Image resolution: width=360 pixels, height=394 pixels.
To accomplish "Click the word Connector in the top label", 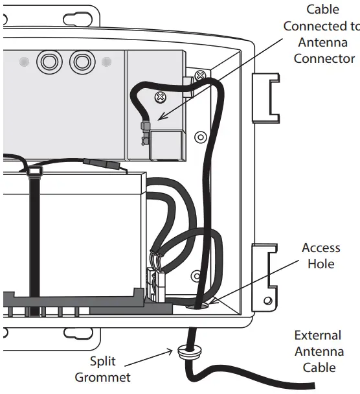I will coord(324,58).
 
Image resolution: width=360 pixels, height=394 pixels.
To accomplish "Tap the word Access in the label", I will coord(321,248).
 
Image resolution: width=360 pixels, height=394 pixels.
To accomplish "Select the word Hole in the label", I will coord(321,264).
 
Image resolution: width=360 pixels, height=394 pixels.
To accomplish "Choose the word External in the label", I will coord(317,335).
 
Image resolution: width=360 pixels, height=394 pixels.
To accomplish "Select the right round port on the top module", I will coord(81,62).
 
